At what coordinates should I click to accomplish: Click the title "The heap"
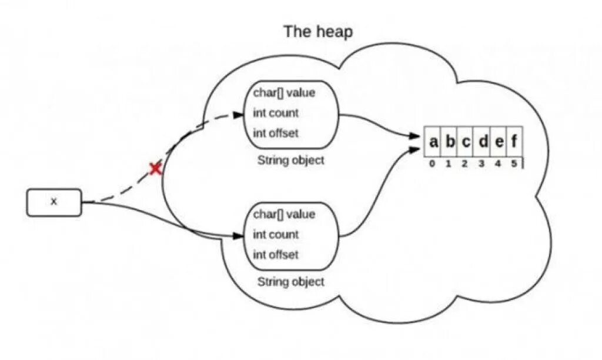(x=318, y=31)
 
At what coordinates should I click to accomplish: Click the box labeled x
(x=54, y=202)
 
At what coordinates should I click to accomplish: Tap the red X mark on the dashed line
(x=155, y=169)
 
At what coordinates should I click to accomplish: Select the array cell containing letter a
(x=433, y=142)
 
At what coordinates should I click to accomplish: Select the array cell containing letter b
(x=450, y=142)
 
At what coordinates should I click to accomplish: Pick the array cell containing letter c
(x=466, y=142)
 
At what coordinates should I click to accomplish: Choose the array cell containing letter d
(x=482, y=142)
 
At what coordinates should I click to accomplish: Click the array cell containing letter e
(x=499, y=142)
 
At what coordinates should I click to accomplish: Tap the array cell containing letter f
(x=514, y=142)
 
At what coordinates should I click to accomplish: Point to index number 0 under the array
(x=432, y=164)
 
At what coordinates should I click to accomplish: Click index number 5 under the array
(x=514, y=164)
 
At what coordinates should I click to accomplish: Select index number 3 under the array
(x=481, y=164)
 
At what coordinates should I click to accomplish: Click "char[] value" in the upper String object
(x=284, y=92)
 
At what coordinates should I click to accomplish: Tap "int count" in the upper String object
(x=276, y=113)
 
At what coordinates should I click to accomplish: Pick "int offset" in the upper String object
(x=276, y=133)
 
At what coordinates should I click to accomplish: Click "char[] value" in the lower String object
(x=284, y=214)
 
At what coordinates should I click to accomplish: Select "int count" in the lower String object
(x=276, y=235)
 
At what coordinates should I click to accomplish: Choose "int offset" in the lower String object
(x=276, y=255)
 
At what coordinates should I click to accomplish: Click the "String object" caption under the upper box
(x=290, y=160)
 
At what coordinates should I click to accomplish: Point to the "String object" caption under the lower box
(x=290, y=282)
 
